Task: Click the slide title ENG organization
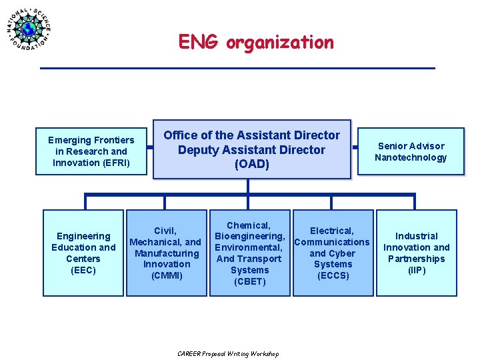pyautogui.click(x=255, y=43)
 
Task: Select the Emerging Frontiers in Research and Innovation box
pyautogui.click(x=91, y=151)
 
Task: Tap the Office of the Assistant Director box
pyautogui.click(x=251, y=149)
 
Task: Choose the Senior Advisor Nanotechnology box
pyautogui.click(x=410, y=151)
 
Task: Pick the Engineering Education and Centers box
pyautogui.click(x=83, y=253)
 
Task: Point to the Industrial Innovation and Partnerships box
pyautogui.click(x=417, y=253)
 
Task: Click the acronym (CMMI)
pyautogui.click(x=167, y=275)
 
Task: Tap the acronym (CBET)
pyautogui.click(x=250, y=281)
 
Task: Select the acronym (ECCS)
pyautogui.click(x=333, y=275)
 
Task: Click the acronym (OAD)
pyautogui.click(x=251, y=165)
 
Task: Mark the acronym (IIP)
pyautogui.click(x=417, y=270)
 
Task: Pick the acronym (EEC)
pyautogui.click(x=83, y=270)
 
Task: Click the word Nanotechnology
pyautogui.click(x=411, y=157)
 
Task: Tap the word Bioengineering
pyautogui.click(x=249, y=237)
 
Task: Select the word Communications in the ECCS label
pyautogui.click(x=331, y=242)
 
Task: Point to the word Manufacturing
pyautogui.click(x=167, y=253)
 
